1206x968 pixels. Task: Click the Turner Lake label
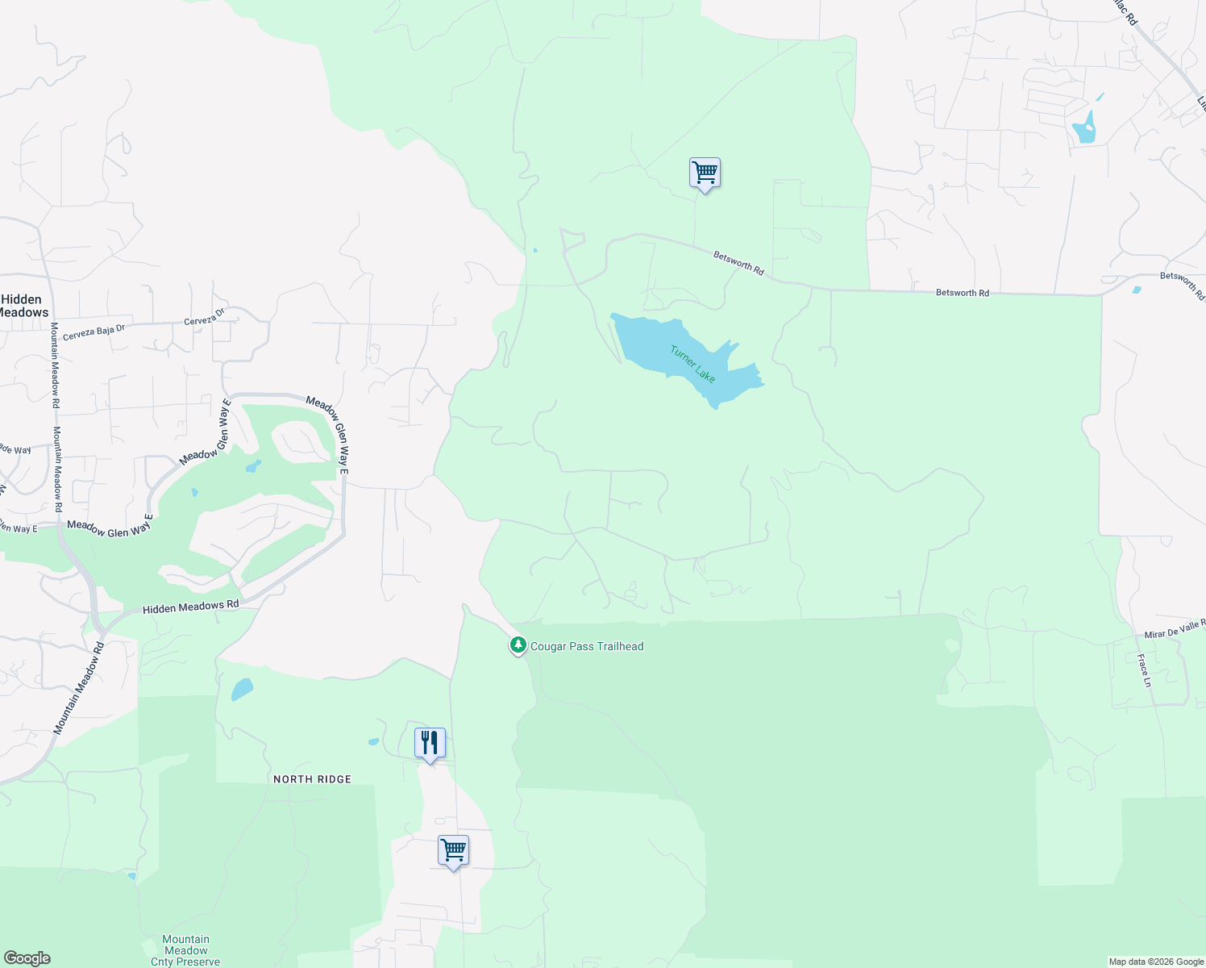click(692, 364)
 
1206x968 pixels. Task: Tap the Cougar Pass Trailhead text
click(587, 646)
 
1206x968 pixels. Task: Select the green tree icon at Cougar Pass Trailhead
click(518, 645)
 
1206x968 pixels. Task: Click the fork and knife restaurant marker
click(430, 743)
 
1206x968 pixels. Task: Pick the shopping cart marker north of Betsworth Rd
click(705, 173)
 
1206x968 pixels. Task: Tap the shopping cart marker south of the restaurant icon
click(453, 850)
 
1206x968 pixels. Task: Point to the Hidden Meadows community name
click(23, 306)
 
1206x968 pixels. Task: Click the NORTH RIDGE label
click(312, 779)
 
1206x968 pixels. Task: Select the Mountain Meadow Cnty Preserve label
click(185, 950)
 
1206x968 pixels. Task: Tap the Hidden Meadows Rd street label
click(191, 607)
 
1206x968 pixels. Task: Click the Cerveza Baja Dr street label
click(94, 331)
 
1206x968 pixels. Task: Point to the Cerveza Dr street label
click(204, 320)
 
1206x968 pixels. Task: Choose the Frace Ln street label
click(1144, 670)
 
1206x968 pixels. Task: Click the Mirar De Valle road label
click(1174, 628)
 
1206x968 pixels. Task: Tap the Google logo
click(27, 958)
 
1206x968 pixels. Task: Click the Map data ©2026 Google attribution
click(1156, 962)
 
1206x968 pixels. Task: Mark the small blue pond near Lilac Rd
click(1085, 129)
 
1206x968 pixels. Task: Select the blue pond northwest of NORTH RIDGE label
click(242, 690)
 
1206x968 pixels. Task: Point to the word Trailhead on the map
click(618, 646)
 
